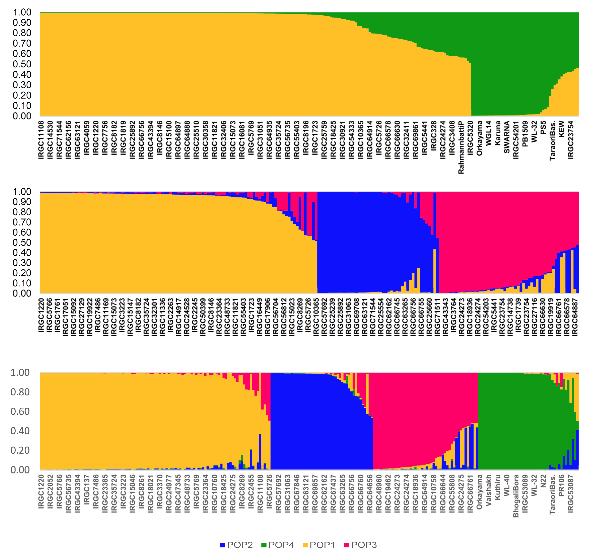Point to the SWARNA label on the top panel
(507, 137)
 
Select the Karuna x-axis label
(498, 133)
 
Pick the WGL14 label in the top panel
(489, 133)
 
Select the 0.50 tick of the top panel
(22, 64)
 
